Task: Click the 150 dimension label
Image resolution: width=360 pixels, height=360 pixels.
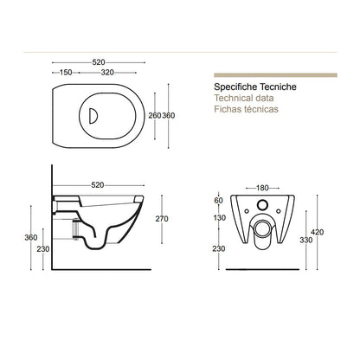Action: click(66, 73)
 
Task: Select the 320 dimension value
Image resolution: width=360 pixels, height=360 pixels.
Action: click(107, 73)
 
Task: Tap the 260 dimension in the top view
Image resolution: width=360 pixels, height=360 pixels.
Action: click(155, 115)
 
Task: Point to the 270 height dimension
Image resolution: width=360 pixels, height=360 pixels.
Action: click(162, 219)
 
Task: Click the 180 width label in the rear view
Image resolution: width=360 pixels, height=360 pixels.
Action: click(262, 188)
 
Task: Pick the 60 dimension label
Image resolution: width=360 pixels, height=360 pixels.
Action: click(219, 200)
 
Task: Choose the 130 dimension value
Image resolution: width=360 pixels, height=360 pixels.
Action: click(220, 218)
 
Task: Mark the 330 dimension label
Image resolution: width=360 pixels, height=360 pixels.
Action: click(306, 240)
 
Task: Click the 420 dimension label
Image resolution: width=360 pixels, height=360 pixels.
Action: click(318, 232)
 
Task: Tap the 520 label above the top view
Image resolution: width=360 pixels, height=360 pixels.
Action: click(99, 62)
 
